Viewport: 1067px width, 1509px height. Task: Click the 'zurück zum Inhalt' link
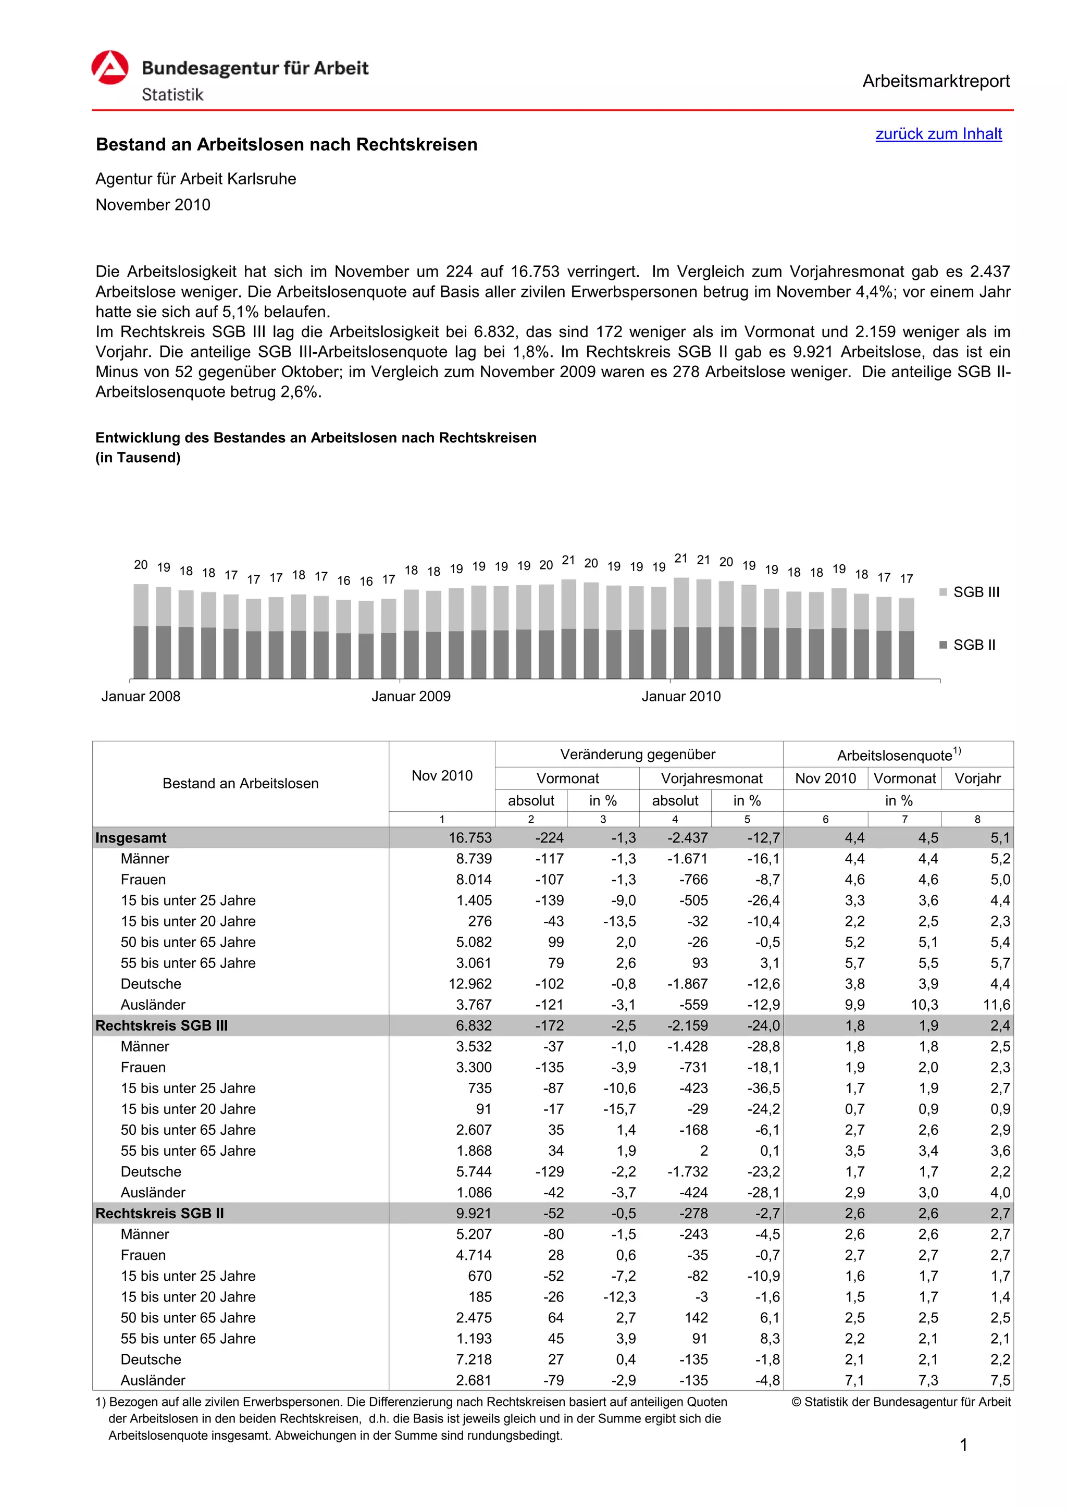tap(938, 134)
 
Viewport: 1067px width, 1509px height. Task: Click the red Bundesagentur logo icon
tap(110, 68)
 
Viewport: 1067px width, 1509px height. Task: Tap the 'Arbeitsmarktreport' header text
tap(936, 81)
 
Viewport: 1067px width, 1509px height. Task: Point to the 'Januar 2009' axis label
tap(411, 697)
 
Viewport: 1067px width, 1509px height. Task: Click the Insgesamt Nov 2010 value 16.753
tap(470, 838)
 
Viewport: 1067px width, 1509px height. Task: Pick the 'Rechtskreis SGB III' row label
tap(162, 1026)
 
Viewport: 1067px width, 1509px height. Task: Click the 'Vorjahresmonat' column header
tap(712, 779)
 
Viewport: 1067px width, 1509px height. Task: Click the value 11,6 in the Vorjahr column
tap(996, 1005)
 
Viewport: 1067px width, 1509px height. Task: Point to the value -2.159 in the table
tap(687, 1026)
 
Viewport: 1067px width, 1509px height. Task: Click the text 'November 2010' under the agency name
tap(153, 205)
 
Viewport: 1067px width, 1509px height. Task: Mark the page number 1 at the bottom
tap(963, 1445)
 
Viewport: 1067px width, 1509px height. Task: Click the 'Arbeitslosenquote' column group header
tap(898, 755)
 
